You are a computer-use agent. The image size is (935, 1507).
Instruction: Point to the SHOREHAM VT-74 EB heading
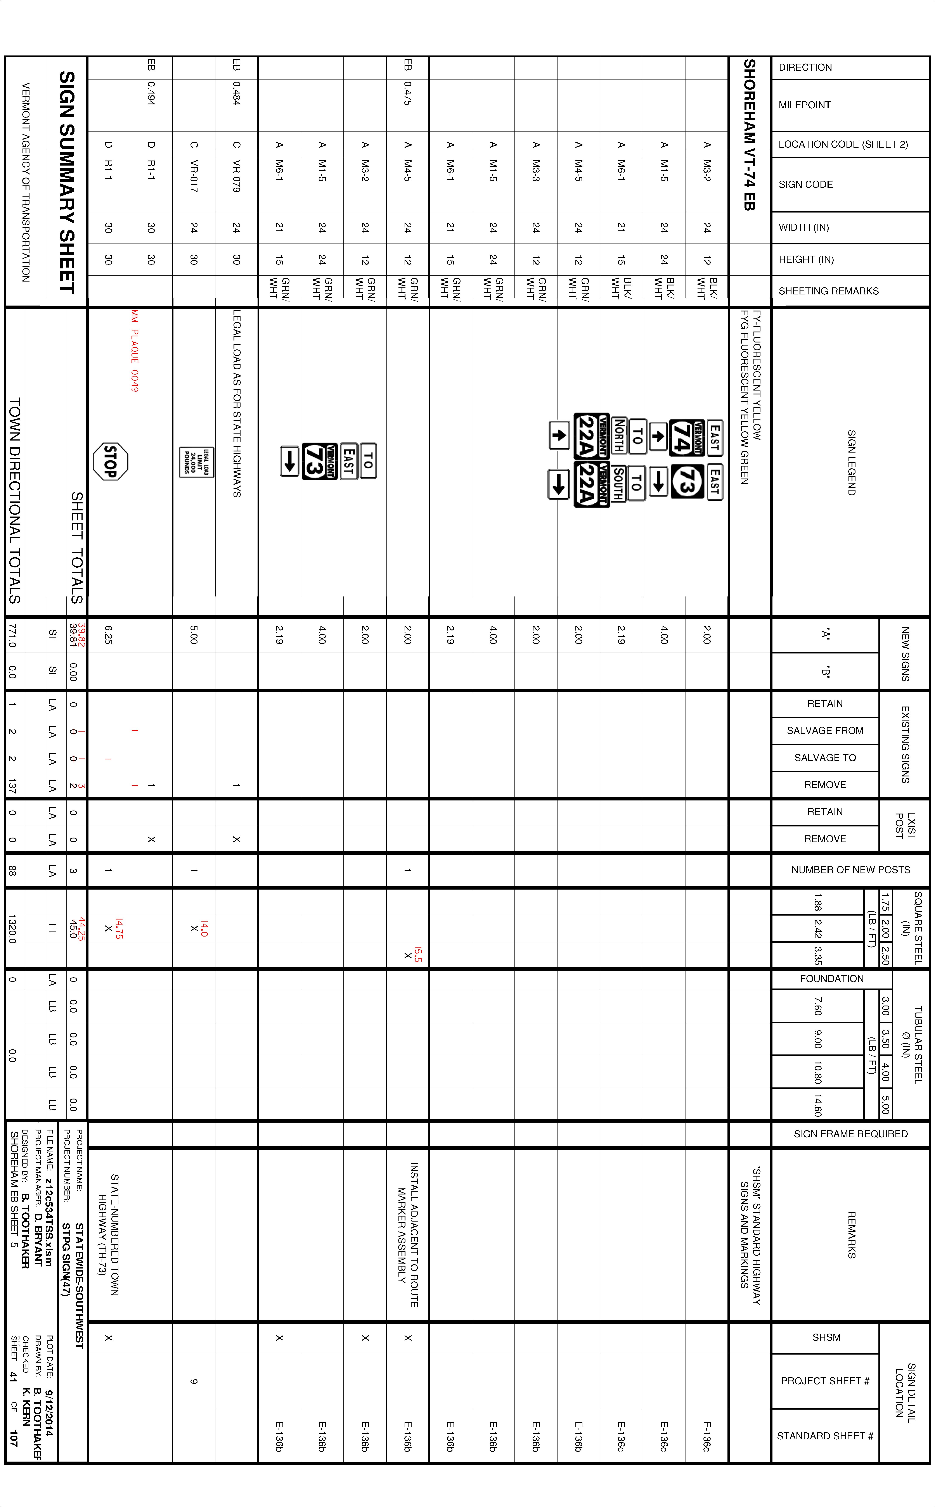(x=750, y=135)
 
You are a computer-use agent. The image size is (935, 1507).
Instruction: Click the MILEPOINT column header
(x=805, y=105)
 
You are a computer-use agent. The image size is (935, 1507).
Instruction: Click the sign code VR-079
(x=236, y=176)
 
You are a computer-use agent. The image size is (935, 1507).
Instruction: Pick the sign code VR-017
(x=194, y=176)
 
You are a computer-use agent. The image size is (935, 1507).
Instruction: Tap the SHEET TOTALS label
(x=77, y=548)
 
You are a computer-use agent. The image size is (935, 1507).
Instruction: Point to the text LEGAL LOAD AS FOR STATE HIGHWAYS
(x=236, y=404)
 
